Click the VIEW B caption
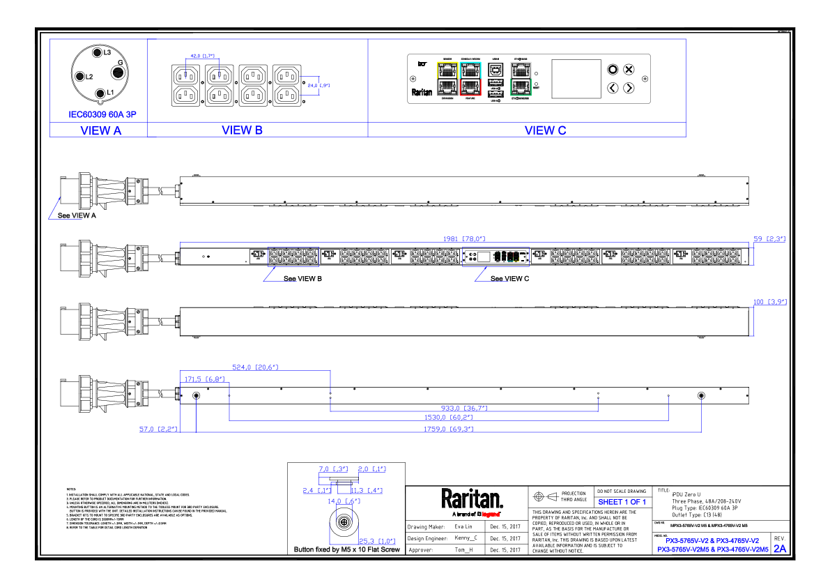[x=242, y=130]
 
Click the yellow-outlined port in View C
[x=447, y=70]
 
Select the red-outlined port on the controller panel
[x=471, y=86]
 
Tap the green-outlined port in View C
[x=520, y=86]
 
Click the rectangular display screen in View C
[x=576, y=79]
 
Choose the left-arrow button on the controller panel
[x=612, y=88]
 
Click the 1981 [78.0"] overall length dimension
[x=463, y=238]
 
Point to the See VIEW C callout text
[x=509, y=279]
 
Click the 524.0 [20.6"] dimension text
[x=255, y=367]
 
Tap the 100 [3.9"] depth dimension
[x=769, y=303]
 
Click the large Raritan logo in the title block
[x=471, y=498]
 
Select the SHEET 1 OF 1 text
[x=622, y=502]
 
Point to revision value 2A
[x=779, y=549]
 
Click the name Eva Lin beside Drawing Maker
[x=463, y=526]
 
